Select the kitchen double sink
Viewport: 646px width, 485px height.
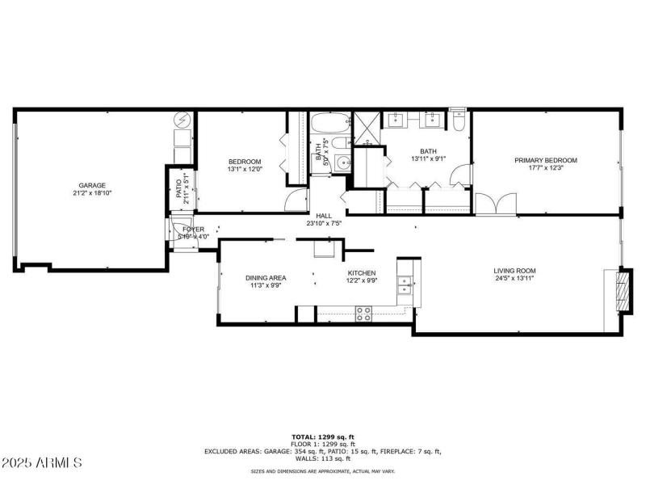pyautogui.click(x=403, y=285)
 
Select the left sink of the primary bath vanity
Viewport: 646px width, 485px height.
pyautogui.click(x=396, y=122)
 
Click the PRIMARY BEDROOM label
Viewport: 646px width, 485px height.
pyautogui.click(x=546, y=160)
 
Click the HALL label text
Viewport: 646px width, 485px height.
pyautogui.click(x=324, y=216)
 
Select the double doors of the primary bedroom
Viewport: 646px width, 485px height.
pyautogui.click(x=491, y=205)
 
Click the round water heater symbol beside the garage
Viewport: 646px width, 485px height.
pyautogui.click(x=183, y=121)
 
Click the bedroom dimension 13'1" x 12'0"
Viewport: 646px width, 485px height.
pyautogui.click(x=244, y=169)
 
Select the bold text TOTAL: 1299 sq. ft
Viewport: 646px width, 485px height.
pyautogui.click(x=323, y=437)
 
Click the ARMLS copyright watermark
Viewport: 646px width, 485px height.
pyautogui.click(x=42, y=463)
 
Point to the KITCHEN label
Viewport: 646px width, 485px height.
pyautogui.click(x=361, y=273)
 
